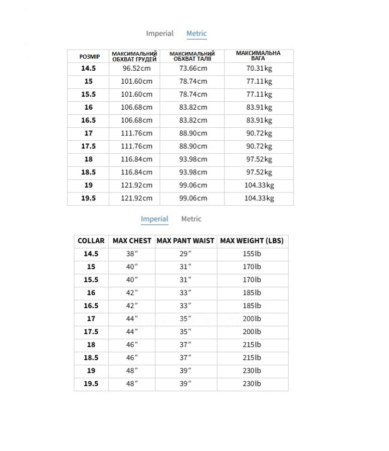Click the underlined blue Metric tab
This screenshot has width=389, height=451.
click(x=197, y=34)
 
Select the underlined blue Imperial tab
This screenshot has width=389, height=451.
click(x=154, y=219)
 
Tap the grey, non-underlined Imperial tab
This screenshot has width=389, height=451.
click(x=159, y=34)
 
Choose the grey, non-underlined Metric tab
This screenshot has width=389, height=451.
click(x=191, y=219)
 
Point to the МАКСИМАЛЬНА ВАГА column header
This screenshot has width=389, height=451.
click(x=258, y=56)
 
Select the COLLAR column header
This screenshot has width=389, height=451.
click(x=91, y=241)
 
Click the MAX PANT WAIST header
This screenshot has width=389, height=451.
click(x=185, y=241)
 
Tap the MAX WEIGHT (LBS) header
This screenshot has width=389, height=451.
click(x=252, y=241)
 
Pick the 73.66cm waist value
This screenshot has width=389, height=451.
click(x=193, y=69)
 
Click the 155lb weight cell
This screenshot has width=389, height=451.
click(x=252, y=254)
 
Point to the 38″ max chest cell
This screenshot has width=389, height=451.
click(x=131, y=254)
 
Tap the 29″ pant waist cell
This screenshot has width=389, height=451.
click(x=185, y=254)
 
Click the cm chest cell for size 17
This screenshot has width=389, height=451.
click(x=136, y=133)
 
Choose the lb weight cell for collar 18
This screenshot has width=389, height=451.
click(x=252, y=345)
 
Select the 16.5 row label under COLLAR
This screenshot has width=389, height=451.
click(x=91, y=306)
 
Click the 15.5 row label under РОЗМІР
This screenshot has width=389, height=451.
click(x=88, y=95)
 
